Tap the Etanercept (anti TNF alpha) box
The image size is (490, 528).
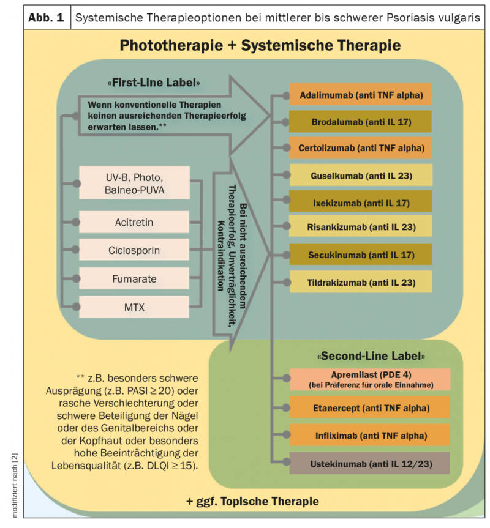tap(369, 407)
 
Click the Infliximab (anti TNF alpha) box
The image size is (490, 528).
tap(369, 436)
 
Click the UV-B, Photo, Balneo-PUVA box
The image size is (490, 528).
tap(134, 183)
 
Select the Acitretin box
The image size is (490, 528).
tap(134, 221)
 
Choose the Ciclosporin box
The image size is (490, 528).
tap(134, 250)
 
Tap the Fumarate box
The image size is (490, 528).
tap(134, 278)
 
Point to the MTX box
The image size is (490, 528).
tap(134, 307)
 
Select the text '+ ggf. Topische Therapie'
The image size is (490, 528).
tap(252, 502)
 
